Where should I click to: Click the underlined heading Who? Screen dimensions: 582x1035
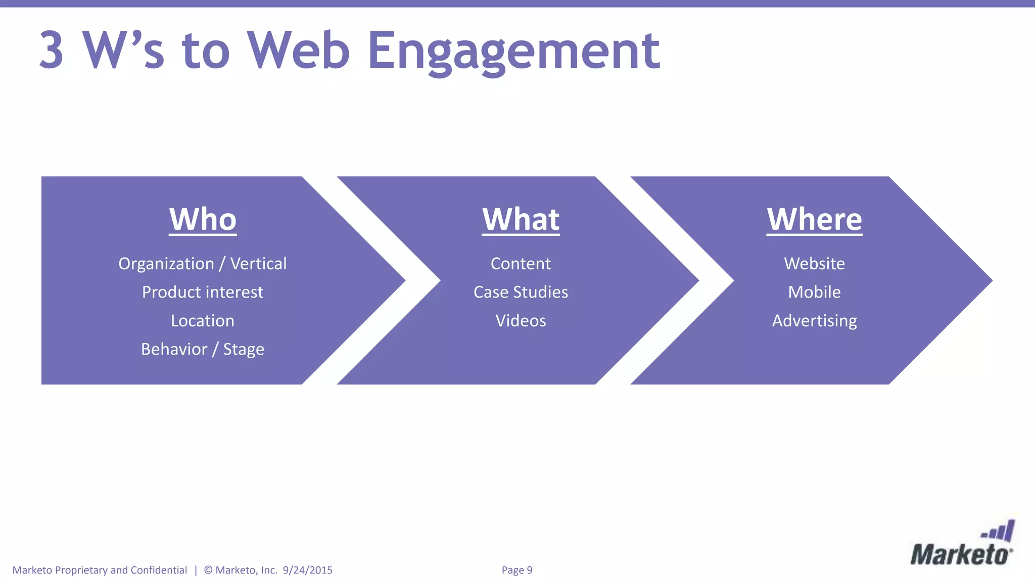[x=203, y=219]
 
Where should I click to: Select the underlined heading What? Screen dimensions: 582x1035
[x=521, y=219]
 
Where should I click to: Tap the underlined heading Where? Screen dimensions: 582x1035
[x=814, y=219]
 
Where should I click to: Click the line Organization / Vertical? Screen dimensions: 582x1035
[x=202, y=264]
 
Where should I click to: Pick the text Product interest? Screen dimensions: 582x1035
[x=202, y=292]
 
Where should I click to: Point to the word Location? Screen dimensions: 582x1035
[x=202, y=321]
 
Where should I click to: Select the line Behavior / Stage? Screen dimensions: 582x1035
[x=202, y=349]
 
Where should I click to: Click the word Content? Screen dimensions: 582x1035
[x=521, y=264]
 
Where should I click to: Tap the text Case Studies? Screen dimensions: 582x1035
[x=521, y=292]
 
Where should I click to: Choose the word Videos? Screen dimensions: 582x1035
[x=521, y=321]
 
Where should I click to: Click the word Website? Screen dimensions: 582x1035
[x=814, y=264]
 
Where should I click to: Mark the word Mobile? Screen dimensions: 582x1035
[x=814, y=292]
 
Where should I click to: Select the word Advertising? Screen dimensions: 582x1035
[x=814, y=321]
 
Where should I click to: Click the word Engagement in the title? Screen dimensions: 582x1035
[x=513, y=51]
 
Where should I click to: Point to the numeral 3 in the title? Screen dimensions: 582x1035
[x=52, y=51]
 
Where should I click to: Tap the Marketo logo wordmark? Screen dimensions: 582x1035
[x=960, y=555]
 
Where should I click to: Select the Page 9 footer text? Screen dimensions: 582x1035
[x=516, y=570]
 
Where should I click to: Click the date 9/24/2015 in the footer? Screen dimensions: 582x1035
[x=307, y=570]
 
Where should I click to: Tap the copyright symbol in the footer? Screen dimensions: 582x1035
[x=208, y=570]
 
